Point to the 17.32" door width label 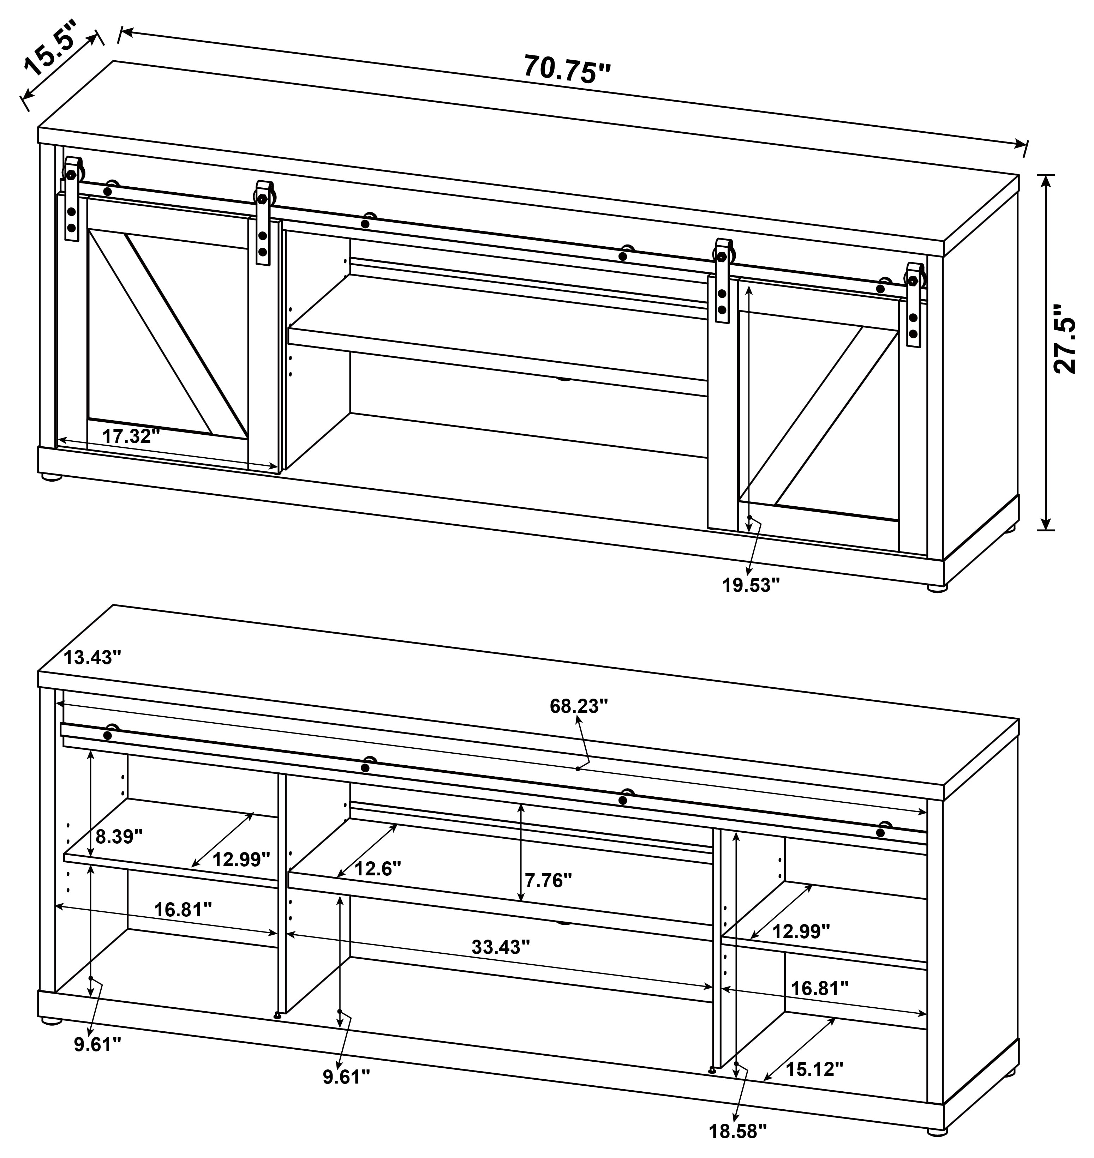[x=131, y=435]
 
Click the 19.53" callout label [x=751, y=585]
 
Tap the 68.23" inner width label [x=579, y=706]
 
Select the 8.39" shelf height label [x=119, y=837]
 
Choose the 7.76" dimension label [x=548, y=880]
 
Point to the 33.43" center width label [x=500, y=946]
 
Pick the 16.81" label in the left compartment [x=183, y=909]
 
